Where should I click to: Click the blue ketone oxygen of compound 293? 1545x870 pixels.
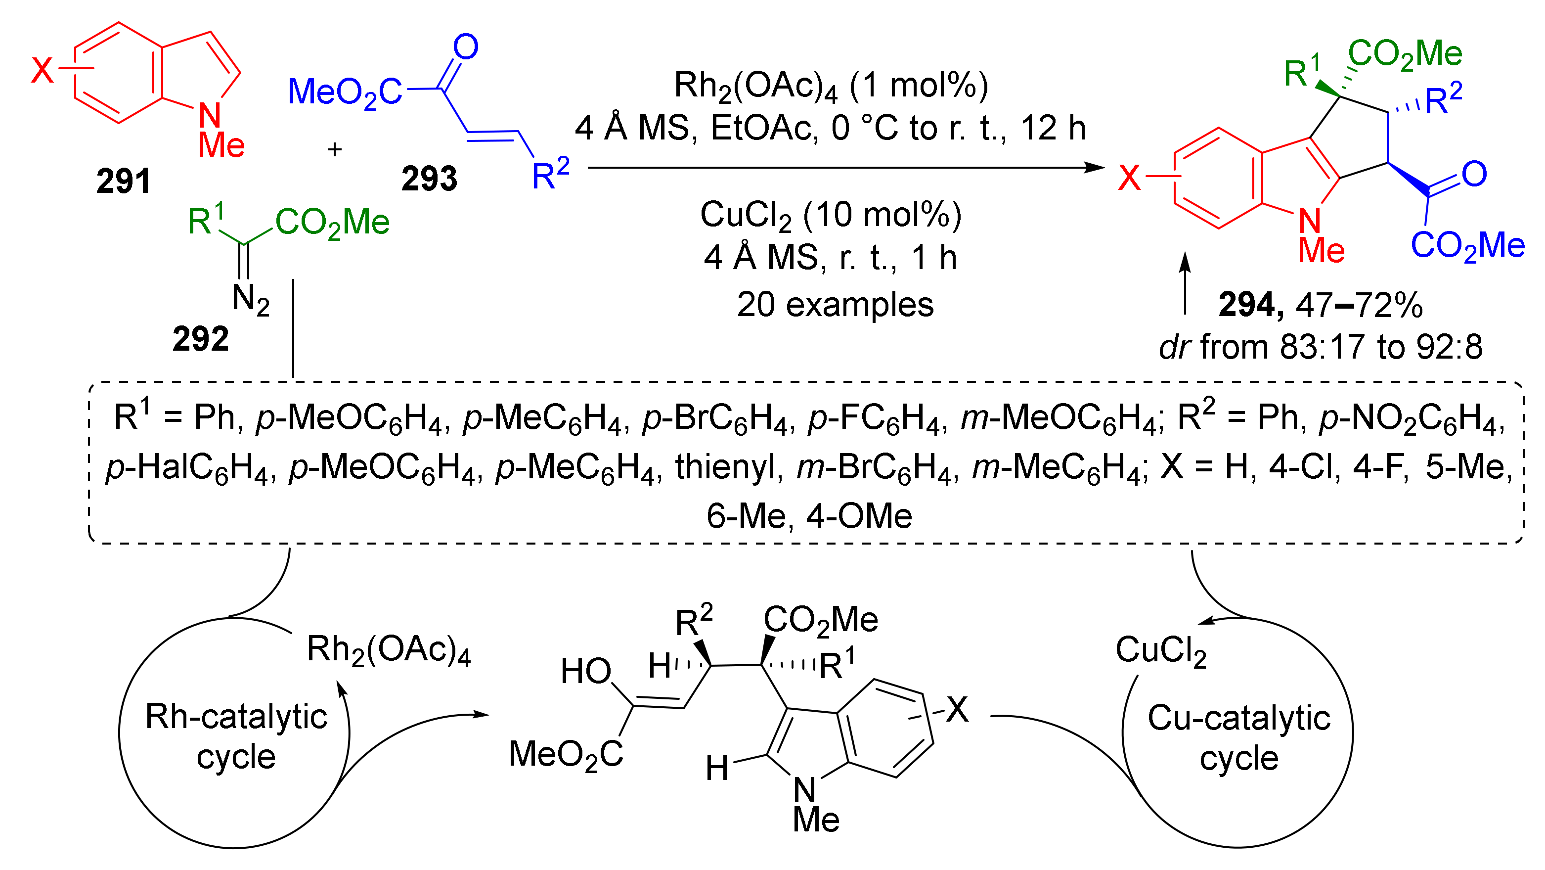point(465,47)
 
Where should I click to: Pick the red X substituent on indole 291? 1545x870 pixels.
point(42,71)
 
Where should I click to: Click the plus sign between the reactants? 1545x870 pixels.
point(334,149)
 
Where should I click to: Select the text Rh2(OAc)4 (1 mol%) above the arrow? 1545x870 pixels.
point(831,85)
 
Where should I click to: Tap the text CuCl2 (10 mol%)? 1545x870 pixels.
point(831,215)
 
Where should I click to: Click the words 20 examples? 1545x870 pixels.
point(835,305)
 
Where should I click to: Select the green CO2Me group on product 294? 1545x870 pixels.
point(1405,54)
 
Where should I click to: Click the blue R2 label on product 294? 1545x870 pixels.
point(1443,99)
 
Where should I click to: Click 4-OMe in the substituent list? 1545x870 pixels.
point(859,516)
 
